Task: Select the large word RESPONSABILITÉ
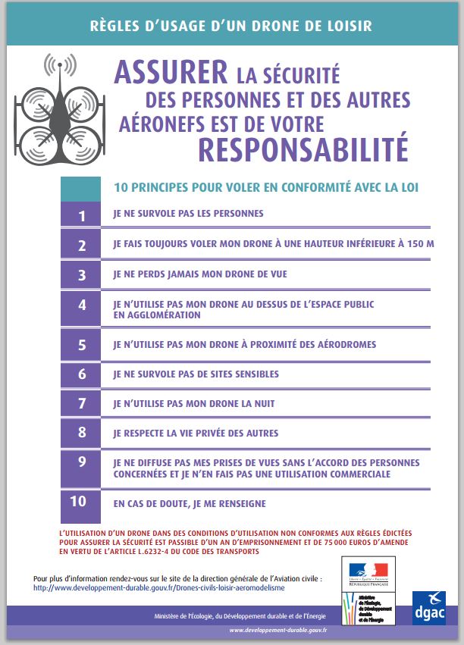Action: (x=303, y=149)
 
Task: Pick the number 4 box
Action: (x=82, y=307)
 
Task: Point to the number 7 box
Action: (x=82, y=404)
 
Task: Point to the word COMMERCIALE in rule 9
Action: (x=356, y=474)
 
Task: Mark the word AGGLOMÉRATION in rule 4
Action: (x=157, y=315)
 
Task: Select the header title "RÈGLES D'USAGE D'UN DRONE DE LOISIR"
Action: (x=231, y=26)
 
